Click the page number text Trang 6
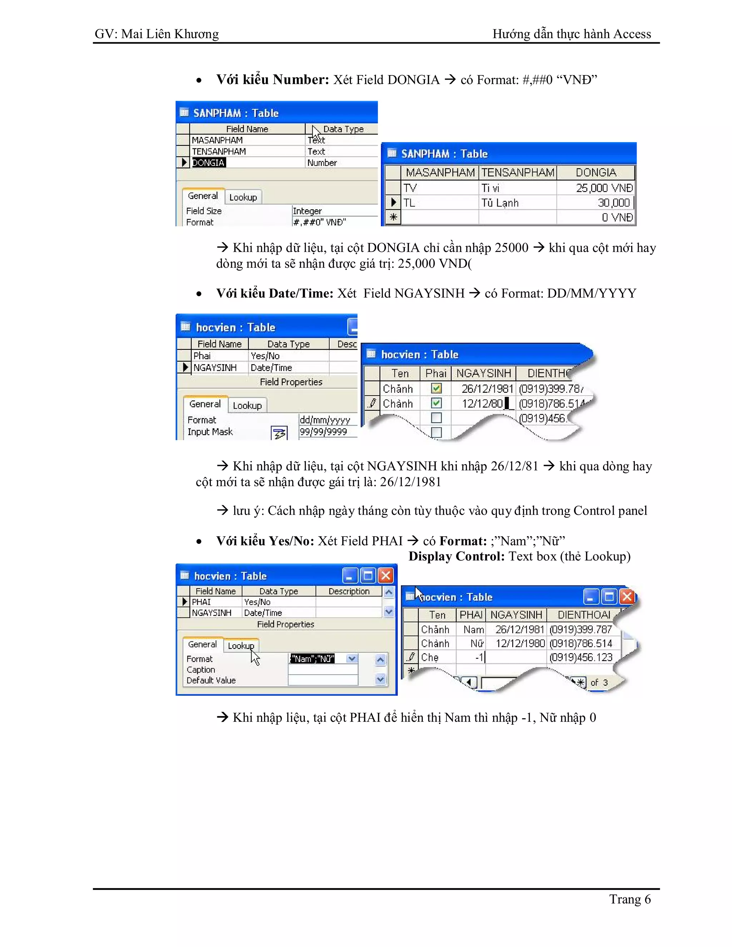pos(630,899)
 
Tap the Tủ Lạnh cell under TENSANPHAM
pos(500,203)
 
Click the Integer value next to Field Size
pos(307,211)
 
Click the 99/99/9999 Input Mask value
pos(323,432)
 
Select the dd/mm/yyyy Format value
pos(325,420)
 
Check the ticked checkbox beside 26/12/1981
pos(436,388)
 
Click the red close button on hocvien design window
pos(386,576)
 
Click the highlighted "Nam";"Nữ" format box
pos(312,659)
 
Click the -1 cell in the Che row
pos(478,657)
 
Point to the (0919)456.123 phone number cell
pos(581,657)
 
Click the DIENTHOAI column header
pos(583,615)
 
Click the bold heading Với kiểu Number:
pos(273,80)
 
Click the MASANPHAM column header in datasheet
pos(440,173)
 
